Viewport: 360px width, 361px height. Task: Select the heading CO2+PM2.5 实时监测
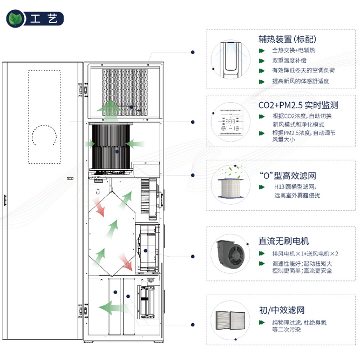click(298, 105)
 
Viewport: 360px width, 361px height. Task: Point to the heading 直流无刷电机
click(284, 241)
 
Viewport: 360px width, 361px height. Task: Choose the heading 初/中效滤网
click(281, 310)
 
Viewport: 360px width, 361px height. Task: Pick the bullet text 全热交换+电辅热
click(294, 50)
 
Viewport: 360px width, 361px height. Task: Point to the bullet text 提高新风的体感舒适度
click(301, 81)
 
